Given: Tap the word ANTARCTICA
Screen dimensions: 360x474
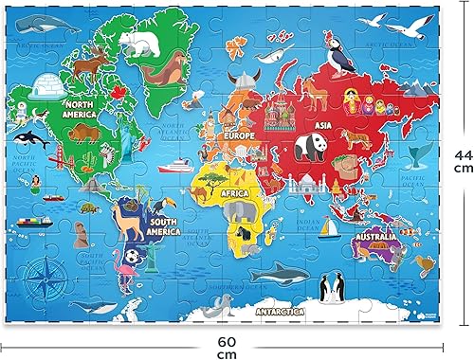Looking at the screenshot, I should (267, 310).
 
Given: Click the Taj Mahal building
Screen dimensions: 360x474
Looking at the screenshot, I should (296, 171).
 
